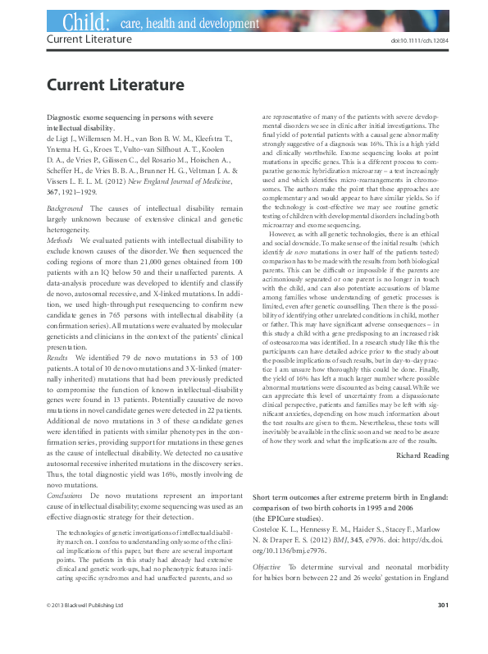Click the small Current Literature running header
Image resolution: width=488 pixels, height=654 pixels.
pos(84,39)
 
